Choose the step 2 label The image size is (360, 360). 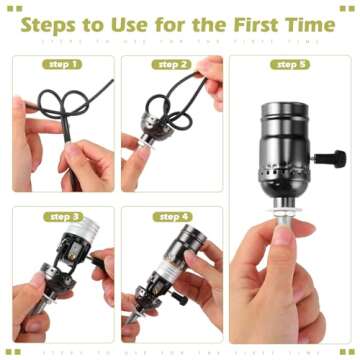172,64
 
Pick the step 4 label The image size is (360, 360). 173,216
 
